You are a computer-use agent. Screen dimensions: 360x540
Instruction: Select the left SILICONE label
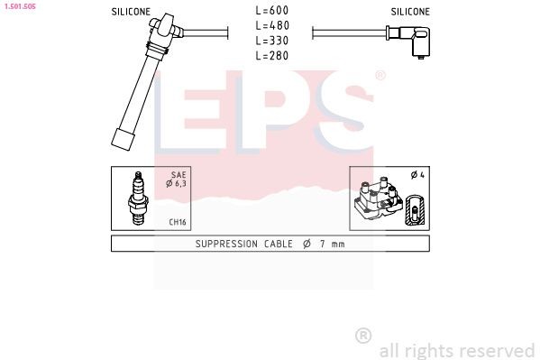click(131, 12)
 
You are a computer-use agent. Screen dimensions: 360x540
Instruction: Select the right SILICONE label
click(410, 12)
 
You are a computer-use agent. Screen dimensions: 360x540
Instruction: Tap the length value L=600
click(271, 10)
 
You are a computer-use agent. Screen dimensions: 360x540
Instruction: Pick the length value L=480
click(271, 25)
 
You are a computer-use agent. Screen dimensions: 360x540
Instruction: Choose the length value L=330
click(271, 41)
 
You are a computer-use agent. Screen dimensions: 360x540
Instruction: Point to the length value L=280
click(271, 56)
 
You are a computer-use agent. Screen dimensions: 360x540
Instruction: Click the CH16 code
click(178, 221)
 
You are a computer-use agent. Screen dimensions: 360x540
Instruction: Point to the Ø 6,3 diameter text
click(177, 184)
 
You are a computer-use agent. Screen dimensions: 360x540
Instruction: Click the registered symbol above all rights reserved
click(363, 336)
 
